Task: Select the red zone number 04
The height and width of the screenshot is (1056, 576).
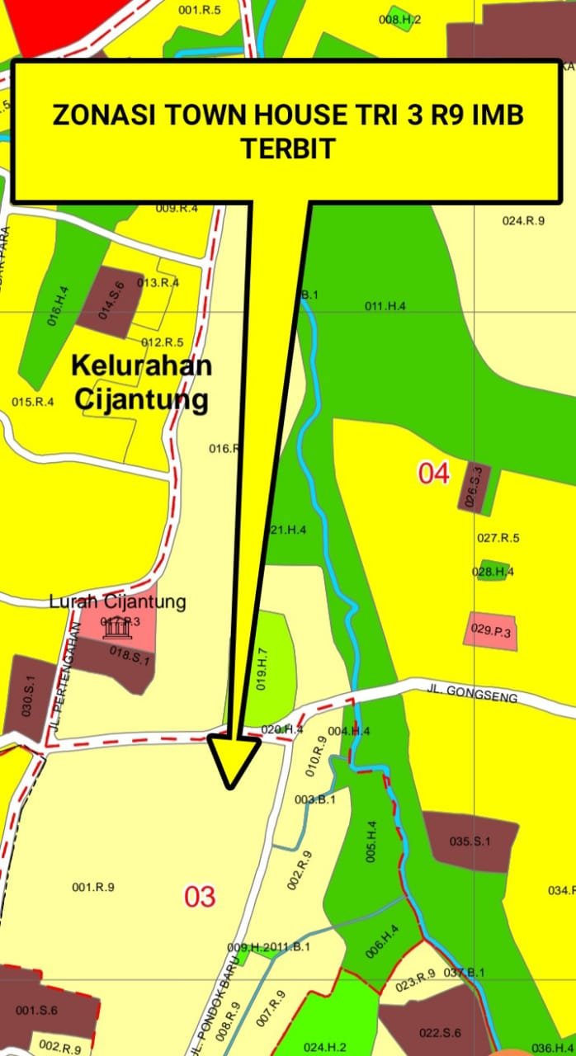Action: (x=434, y=474)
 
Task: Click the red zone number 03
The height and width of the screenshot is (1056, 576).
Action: (x=199, y=896)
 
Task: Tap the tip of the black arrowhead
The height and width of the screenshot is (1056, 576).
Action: (x=230, y=786)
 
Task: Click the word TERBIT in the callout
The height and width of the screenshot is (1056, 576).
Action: (x=288, y=148)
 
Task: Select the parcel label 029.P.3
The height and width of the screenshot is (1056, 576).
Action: (x=492, y=629)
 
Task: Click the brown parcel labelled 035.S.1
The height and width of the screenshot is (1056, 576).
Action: (x=470, y=841)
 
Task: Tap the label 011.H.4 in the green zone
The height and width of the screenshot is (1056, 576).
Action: (x=385, y=306)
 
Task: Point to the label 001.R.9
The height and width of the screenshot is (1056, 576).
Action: (x=92, y=887)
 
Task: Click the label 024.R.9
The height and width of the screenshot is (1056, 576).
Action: (x=523, y=220)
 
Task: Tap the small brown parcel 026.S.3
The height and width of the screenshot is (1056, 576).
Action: (x=474, y=487)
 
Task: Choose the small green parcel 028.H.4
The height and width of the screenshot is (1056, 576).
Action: (x=493, y=571)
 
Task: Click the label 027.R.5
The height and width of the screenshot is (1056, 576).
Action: (x=498, y=538)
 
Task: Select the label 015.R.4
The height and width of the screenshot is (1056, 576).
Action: (x=33, y=402)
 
